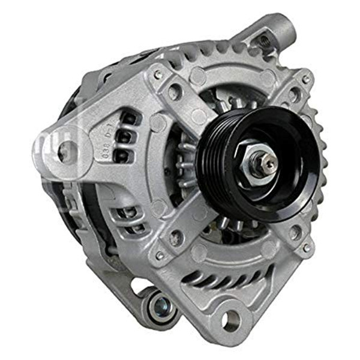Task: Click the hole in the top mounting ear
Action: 263,41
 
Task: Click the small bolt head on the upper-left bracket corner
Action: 158,75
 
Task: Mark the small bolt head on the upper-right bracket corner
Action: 305,80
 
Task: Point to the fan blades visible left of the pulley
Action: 180,168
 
